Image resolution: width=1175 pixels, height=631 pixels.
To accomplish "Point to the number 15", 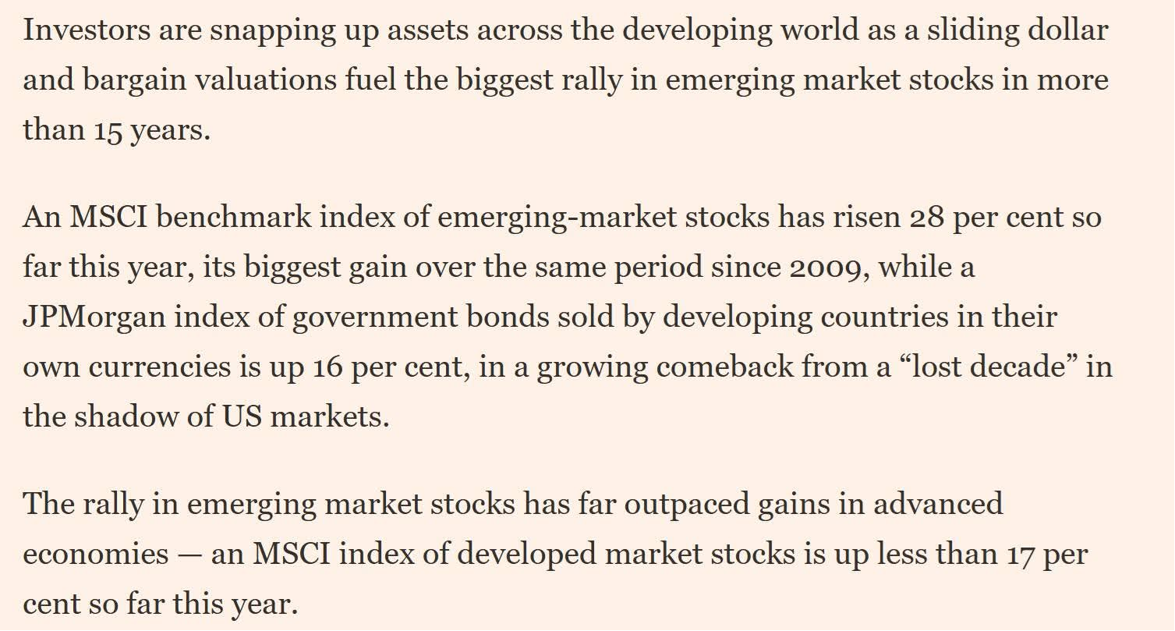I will (x=108, y=129).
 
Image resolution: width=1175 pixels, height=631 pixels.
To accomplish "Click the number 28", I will (x=927, y=217).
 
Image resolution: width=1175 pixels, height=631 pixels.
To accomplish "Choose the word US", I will (x=242, y=417).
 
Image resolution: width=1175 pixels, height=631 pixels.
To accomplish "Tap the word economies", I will (x=96, y=555).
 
